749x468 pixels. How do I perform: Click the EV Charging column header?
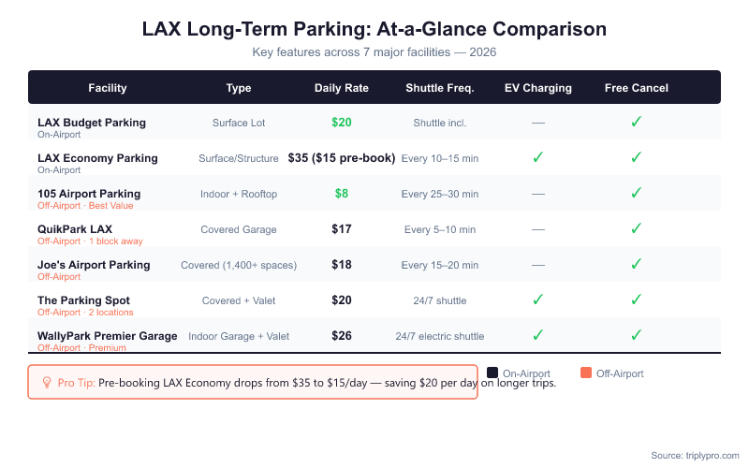537,88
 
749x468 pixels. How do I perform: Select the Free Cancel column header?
636,88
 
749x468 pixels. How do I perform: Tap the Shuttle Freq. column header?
439,88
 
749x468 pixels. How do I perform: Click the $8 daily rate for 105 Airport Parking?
342,194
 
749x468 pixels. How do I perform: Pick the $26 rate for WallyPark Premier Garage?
342,336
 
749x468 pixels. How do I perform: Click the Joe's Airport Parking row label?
94,265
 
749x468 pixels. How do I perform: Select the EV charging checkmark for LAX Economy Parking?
537,158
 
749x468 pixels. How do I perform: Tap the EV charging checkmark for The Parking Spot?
537,300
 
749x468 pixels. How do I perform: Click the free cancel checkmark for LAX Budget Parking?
636,123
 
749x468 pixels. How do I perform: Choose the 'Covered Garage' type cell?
239,229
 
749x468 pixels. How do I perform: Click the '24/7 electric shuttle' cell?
439,336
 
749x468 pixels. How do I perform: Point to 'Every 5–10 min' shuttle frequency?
439,229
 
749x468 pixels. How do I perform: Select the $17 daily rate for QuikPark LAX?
342,229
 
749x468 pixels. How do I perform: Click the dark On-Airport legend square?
492,373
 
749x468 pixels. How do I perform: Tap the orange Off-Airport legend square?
586,373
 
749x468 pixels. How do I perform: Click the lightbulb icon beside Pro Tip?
47,382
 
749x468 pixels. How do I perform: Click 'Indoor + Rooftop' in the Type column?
239,194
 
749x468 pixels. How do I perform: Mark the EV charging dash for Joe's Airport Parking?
537,265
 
